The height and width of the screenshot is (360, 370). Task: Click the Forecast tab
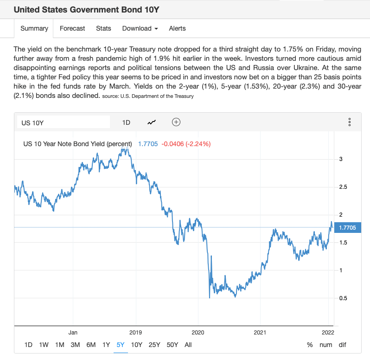(72, 28)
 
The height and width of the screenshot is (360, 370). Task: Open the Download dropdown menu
(140, 28)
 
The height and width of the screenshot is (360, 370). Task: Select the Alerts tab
(177, 28)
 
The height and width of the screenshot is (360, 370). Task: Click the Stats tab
(103, 28)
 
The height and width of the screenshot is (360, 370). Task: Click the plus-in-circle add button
(176, 122)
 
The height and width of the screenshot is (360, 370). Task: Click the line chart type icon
(152, 122)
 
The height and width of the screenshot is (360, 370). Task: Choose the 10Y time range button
(137, 345)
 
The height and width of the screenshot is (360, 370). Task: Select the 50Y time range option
(172, 345)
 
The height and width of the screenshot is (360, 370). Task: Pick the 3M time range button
(75, 345)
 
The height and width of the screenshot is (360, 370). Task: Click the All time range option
(188, 345)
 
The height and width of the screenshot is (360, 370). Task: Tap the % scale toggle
(310, 345)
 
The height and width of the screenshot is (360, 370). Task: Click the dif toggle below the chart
(342, 345)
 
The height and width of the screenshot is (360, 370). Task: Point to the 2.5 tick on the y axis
(344, 187)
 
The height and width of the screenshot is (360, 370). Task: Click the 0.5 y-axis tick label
(344, 298)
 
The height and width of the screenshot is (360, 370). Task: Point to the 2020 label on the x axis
(198, 332)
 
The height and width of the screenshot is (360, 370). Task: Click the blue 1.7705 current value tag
(347, 227)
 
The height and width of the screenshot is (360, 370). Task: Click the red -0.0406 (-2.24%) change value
(186, 144)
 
